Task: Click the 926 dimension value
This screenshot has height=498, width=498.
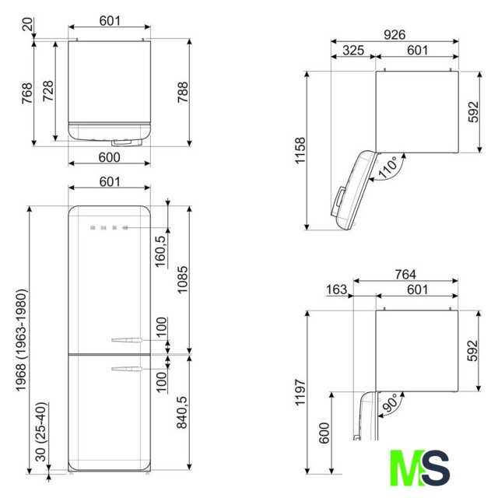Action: (x=395, y=34)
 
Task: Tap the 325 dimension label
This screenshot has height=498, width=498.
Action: (x=353, y=50)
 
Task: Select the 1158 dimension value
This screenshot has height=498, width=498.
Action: (x=300, y=150)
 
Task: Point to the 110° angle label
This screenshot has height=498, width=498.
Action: (x=388, y=167)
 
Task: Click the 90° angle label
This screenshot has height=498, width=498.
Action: (x=390, y=403)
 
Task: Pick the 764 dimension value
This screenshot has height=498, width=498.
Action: (x=405, y=274)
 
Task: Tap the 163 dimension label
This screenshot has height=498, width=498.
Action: (x=337, y=289)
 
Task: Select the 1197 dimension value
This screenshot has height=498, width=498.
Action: (x=300, y=392)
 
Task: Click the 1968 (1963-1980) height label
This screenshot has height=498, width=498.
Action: (x=21, y=340)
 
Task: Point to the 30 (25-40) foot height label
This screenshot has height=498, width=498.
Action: (x=41, y=432)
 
